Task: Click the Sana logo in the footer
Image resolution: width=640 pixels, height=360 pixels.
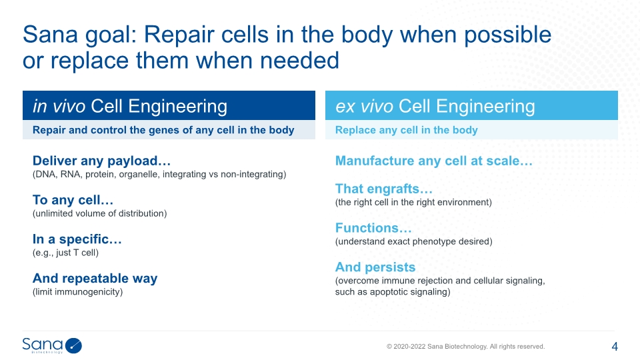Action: [x=52, y=345]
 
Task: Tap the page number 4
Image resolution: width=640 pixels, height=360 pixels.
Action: [x=615, y=347]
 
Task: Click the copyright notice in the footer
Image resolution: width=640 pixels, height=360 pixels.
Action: [x=466, y=347]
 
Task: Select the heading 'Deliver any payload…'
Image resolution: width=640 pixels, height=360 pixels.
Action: [x=101, y=161]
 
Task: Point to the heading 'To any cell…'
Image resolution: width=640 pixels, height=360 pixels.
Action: [x=73, y=200]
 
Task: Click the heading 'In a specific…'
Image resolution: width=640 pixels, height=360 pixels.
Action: [x=77, y=239]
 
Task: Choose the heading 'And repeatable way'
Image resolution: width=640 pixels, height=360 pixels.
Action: [x=95, y=279]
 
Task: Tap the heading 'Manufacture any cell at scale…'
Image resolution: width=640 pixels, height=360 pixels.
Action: [x=434, y=161]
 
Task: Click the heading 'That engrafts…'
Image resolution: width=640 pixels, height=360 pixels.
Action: [x=384, y=189]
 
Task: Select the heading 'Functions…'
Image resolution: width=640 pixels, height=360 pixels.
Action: [x=373, y=228]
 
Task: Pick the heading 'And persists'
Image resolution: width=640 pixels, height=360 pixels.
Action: [x=375, y=267]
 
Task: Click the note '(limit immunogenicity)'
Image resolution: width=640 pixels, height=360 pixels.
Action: [x=77, y=292]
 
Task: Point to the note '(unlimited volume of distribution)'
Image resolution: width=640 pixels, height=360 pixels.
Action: [x=99, y=213]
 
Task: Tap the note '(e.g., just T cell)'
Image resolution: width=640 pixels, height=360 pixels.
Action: [x=66, y=253]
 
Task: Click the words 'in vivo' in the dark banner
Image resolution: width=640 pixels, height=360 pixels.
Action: [x=59, y=106]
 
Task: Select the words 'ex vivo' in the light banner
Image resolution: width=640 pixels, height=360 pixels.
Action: [x=364, y=106]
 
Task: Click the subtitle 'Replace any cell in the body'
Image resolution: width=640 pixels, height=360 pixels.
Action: [x=407, y=130]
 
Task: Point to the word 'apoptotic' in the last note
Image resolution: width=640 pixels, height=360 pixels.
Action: [x=389, y=292]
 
